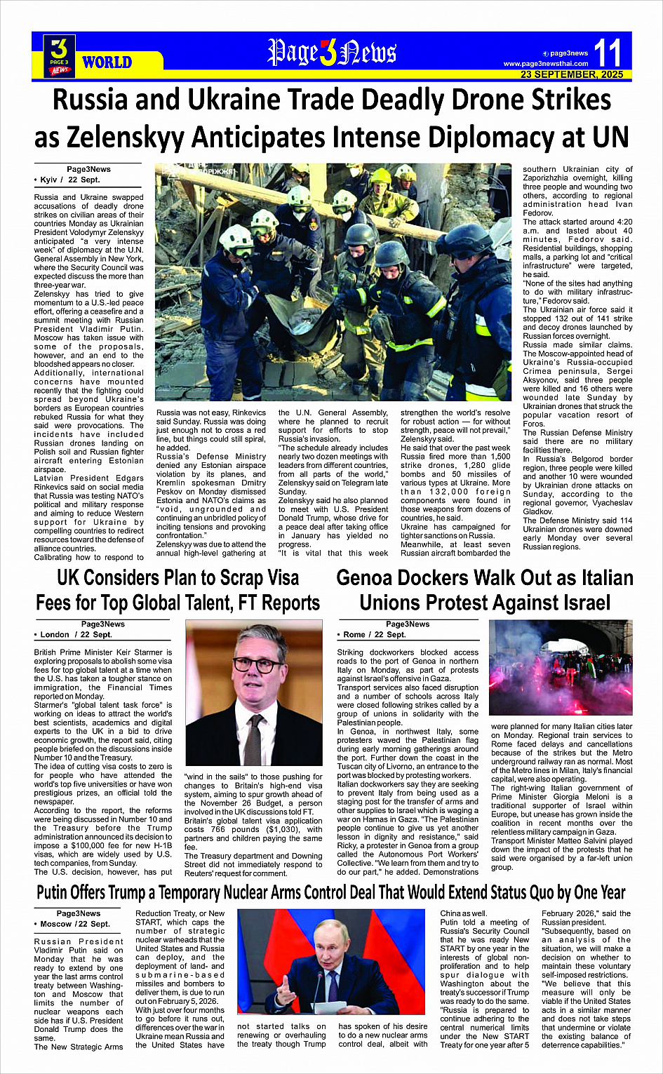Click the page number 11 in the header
point(608,53)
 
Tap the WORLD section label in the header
point(107,62)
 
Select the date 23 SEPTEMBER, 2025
point(571,74)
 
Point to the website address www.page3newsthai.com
point(545,64)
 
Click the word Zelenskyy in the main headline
point(253,136)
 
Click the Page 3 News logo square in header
point(60,56)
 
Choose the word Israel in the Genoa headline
point(578,603)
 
